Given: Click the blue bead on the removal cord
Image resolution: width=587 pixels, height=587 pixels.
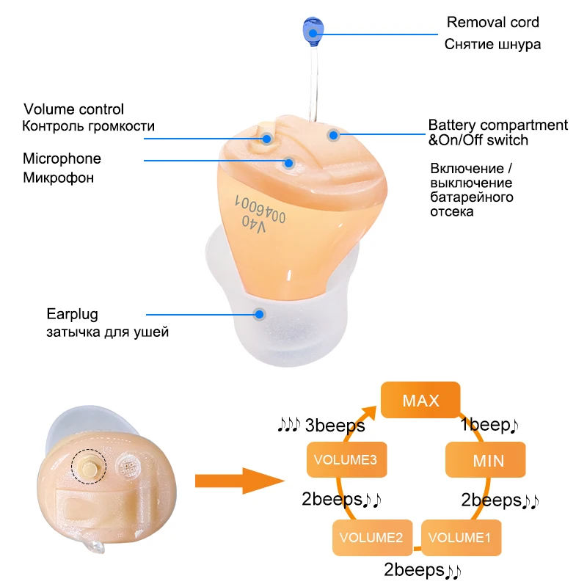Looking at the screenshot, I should point(311,29).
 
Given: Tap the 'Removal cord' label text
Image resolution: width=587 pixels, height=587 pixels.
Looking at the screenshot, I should point(493,22).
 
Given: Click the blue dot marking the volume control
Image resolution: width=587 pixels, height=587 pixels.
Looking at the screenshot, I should point(268,138).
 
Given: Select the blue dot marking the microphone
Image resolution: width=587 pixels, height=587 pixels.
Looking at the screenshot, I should point(290,163).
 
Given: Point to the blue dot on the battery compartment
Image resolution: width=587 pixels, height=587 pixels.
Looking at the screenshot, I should point(333,135).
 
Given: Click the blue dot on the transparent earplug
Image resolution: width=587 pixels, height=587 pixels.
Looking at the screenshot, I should point(259,314).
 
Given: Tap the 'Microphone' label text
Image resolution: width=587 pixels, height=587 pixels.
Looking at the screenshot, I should point(62,159).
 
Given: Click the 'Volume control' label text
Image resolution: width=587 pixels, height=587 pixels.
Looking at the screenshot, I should point(73,110).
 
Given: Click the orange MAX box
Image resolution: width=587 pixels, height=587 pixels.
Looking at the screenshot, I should point(420,401).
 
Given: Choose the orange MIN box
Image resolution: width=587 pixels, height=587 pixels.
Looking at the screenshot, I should point(488,461).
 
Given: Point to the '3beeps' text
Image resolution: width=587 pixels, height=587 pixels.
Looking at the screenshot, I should point(334,426).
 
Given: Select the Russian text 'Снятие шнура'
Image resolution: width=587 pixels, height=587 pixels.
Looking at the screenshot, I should point(492,45).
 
